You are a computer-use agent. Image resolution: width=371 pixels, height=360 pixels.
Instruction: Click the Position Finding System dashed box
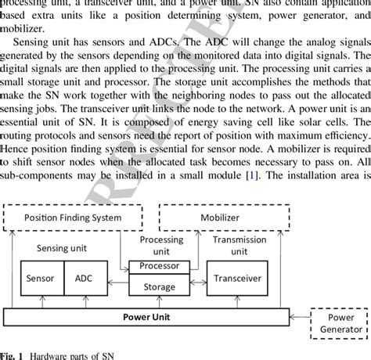tap(74, 217)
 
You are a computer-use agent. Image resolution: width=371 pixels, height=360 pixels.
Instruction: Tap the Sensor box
tap(40, 278)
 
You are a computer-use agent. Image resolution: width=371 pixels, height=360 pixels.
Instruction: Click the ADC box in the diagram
tap(84, 278)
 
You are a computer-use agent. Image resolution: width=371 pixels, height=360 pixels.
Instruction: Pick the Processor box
tap(158, 267)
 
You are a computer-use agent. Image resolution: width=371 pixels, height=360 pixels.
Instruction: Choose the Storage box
tap(158, 286)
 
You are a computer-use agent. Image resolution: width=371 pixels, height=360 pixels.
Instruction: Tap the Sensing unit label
tap(62, 247)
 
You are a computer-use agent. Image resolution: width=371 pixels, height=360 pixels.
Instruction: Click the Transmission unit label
tap(239, 245)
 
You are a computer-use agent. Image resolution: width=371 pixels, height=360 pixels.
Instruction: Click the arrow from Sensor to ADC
tap(62, 279)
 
